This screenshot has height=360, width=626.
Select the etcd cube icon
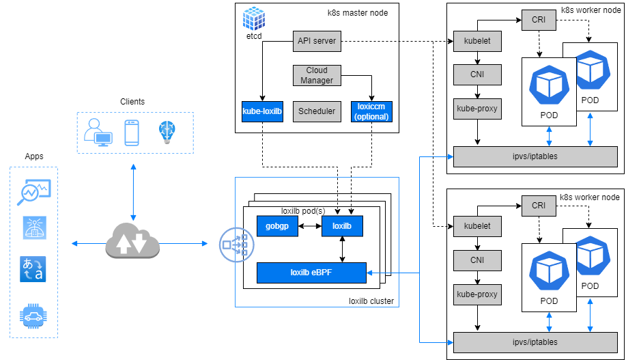253,18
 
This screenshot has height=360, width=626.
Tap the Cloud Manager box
316,75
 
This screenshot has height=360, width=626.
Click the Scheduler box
316,111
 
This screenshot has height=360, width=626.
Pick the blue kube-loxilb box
261,111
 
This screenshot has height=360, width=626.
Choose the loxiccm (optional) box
371,111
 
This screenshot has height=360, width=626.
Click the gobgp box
277,225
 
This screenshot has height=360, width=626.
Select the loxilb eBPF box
311,273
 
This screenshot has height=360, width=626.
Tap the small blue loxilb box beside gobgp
342,225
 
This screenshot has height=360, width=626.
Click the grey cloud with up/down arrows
132,243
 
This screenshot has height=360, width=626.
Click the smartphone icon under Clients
132,133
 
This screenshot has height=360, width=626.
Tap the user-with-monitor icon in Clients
98,133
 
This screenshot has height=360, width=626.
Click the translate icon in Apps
33,268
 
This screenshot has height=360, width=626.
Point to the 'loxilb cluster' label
371,300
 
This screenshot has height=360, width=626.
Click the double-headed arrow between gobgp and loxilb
309,225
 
